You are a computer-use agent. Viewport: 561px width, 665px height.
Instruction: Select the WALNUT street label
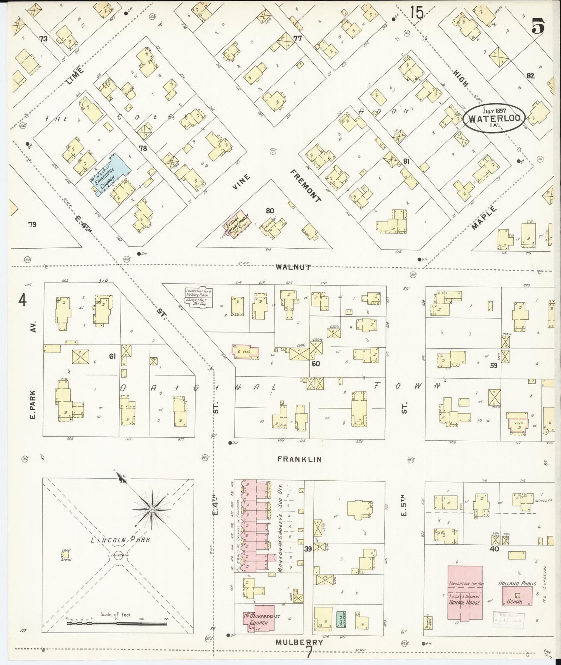click(x=294, y=267)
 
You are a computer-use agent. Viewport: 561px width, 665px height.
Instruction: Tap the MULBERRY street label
click(x=299, y=642)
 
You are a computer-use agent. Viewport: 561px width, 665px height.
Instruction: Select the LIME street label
click(x=75, y=75)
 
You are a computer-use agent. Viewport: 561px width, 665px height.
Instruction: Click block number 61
click(x=112, y=356)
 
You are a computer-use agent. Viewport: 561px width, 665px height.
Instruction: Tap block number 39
click(x=308, y=549)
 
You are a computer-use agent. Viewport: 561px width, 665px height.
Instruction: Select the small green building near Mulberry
click(x=340, y=619)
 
